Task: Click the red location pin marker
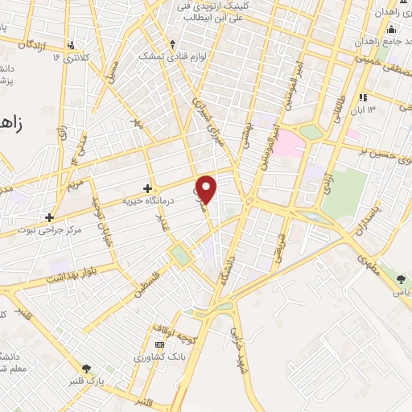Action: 208,188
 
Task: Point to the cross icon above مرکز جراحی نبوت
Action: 50,216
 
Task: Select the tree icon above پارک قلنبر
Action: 87,369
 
